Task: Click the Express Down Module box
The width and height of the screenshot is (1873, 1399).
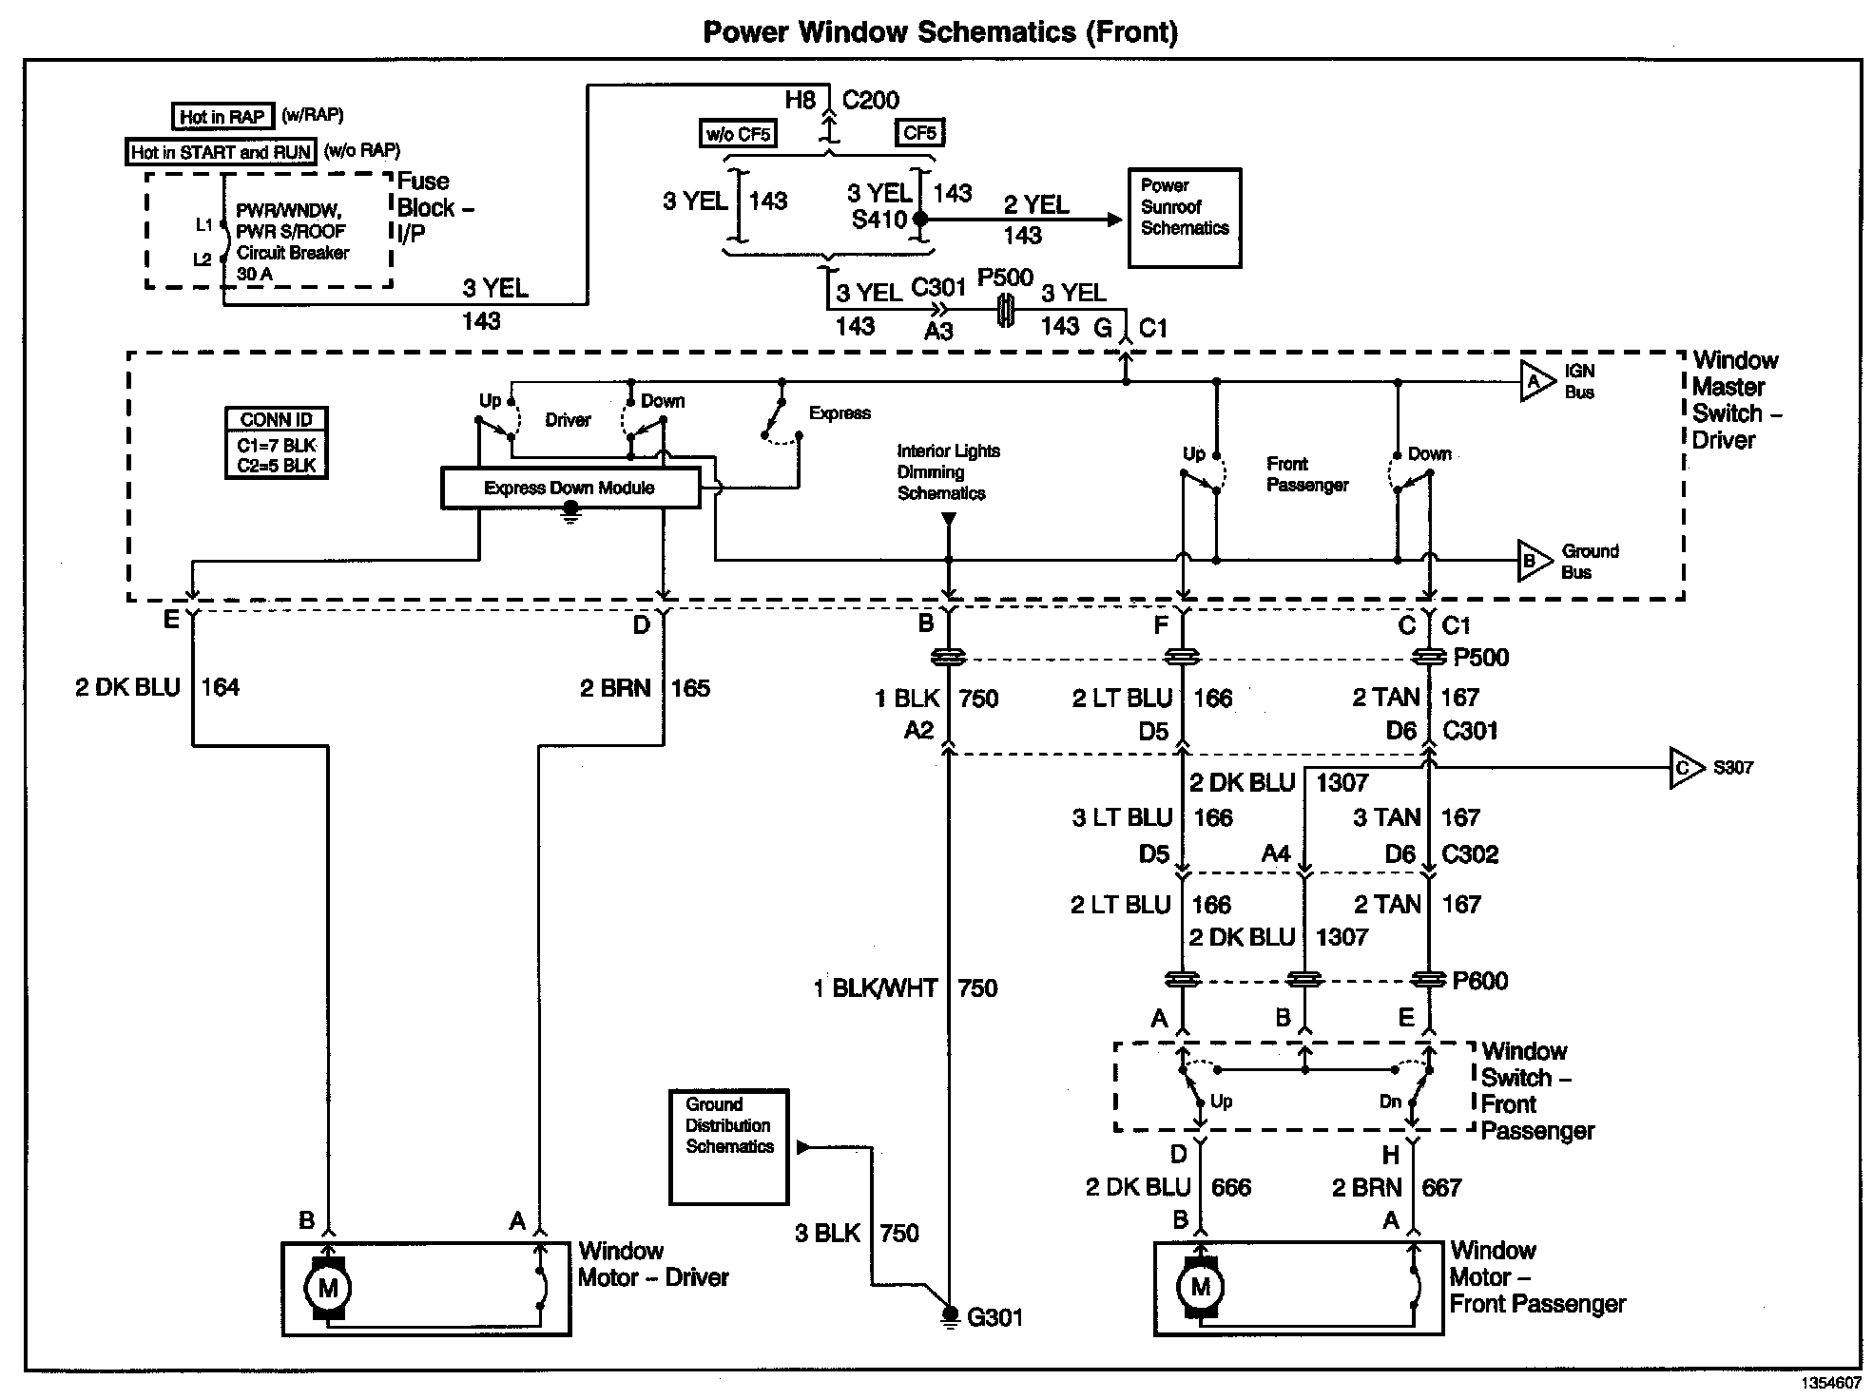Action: point(570,488)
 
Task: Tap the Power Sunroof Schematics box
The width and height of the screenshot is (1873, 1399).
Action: point(1185,218)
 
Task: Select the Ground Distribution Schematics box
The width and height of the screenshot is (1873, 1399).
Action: point(729,1146)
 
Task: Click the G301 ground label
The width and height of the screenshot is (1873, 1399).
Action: point(994,1317)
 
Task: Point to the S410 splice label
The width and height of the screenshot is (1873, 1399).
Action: point(879,220)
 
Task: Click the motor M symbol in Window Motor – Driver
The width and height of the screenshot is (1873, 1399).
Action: point(327,1289)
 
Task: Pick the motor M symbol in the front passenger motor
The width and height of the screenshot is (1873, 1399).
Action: point(1200,1288)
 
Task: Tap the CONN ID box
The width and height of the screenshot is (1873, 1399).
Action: point(277,443)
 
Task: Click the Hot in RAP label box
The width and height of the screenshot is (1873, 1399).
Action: point(222,117)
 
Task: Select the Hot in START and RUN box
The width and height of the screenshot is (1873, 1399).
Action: point(222,152)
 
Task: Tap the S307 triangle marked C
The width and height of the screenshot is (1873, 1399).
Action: point(1685,768)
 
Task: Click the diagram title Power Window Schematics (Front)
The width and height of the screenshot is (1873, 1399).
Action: point(939,32)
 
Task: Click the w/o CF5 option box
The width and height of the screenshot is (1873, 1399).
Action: point(738,134)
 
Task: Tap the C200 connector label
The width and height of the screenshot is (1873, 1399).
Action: point(871,101)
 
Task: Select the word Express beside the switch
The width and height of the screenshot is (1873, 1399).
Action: point(840,413)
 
